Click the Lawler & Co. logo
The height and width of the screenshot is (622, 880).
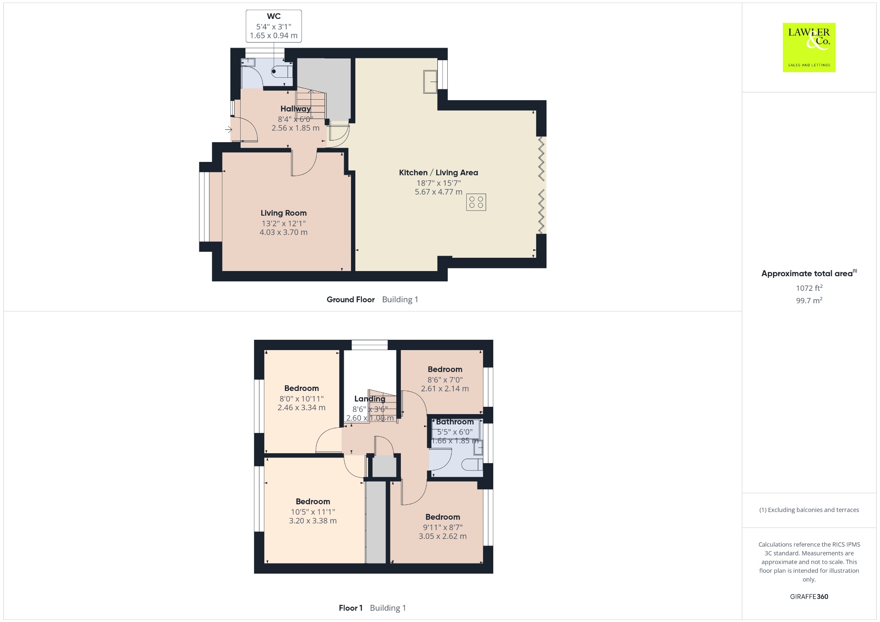[x=809, y=47]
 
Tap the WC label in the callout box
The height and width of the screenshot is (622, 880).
[x=274, y=16]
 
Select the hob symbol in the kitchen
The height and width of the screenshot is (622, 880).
[x=476, y=202]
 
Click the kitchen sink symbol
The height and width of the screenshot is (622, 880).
[x=430, y=81]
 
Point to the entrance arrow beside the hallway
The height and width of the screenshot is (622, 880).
[x=229, y=129]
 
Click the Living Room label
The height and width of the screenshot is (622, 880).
[x=284, y=213]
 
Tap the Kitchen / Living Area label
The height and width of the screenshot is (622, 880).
[x=438, y=173]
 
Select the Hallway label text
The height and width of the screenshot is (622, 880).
[x=296, y=109]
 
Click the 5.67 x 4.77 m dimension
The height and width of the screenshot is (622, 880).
[x=438, y=192]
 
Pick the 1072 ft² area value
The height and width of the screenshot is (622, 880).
[x=809, y=288]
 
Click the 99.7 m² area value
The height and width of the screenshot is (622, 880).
[x=809, y=300]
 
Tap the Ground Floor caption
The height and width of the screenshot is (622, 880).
[x=351, y=299]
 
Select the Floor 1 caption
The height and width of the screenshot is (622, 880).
[x=351, y=608]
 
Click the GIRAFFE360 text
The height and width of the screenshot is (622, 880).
[x=809, y=597]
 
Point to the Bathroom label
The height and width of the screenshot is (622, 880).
[x=455, y=422]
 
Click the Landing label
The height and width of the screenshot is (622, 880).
[x=370, y=399]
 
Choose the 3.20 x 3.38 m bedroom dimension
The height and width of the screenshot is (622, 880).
[x=313, y=521]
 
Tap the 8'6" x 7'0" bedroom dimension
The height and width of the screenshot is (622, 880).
[x=445, y=380]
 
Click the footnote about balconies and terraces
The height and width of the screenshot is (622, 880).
[x=809, y=510]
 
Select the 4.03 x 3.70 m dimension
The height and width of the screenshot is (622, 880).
[x=284, y=232]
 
